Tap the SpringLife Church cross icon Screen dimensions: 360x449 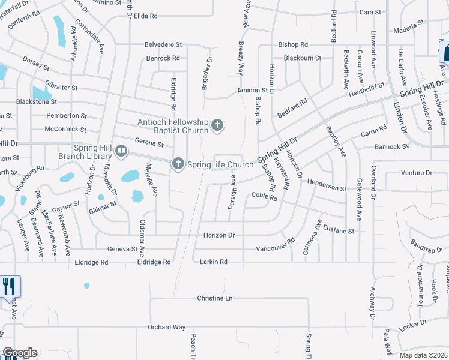pos(178,163)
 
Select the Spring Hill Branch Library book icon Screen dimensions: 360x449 pos(121,151)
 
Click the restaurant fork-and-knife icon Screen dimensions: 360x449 pos(9,286)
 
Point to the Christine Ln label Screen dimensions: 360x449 pos(214,298)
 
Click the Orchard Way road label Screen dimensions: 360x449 pos(167,327)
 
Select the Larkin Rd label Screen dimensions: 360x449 pos(214,262)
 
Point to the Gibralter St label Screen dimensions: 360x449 pos(61,87)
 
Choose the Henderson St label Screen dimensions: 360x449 pos(327,185)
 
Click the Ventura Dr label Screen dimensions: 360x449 pos(416,173)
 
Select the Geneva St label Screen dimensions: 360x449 pos(122,249)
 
